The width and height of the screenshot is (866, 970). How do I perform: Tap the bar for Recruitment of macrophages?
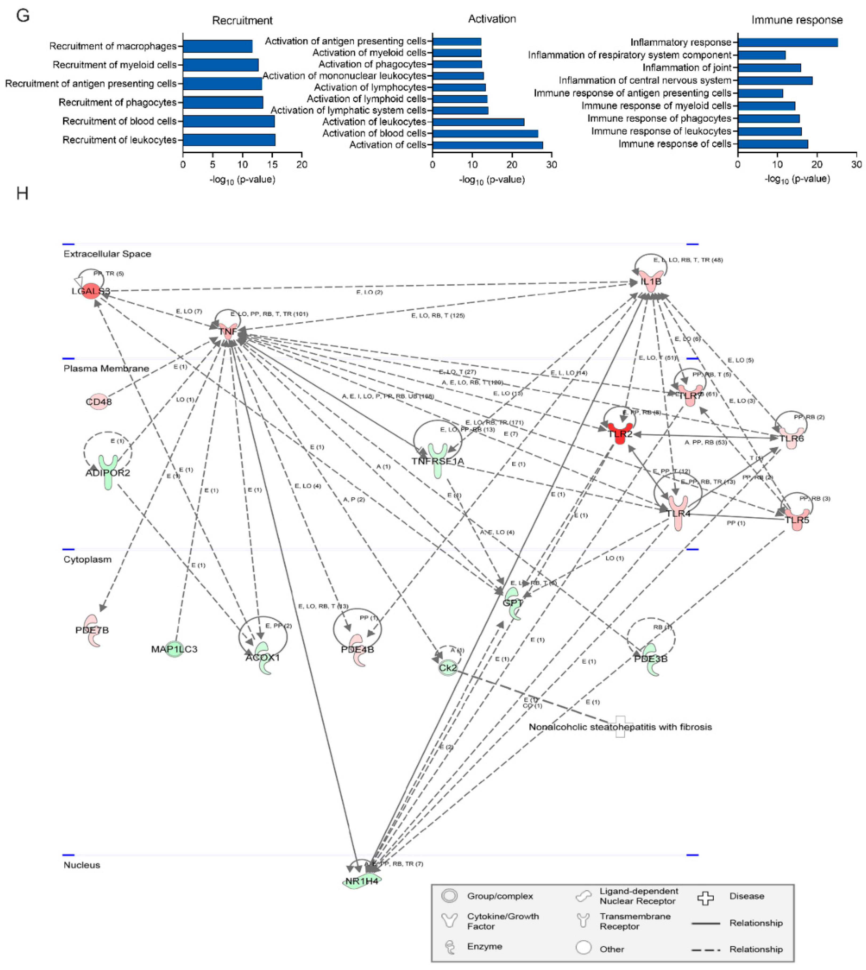click(x=217, y=46)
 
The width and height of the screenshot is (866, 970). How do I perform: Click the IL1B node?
click(x=651, y=281)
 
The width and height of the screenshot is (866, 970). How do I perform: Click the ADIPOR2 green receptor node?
click(x=108, y=471)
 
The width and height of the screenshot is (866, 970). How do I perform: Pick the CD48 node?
click(x=98, y=402)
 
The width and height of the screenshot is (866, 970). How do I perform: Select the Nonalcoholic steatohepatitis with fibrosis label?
click(x=620, y=727)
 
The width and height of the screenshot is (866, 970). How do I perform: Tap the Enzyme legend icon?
click(x=449, y=947)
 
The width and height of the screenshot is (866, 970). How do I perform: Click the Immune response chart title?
click(x=797, y=20)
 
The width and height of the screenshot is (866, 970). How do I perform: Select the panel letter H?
click(x=22, y=193)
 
